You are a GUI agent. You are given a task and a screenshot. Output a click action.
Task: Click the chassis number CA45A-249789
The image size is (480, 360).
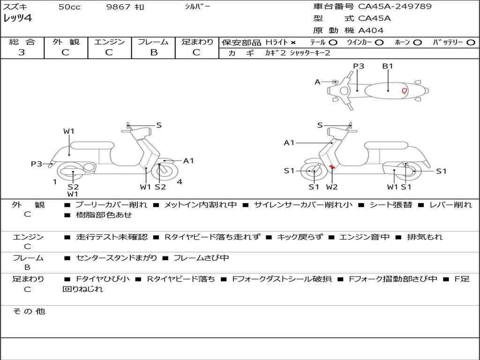[x=395, y=7]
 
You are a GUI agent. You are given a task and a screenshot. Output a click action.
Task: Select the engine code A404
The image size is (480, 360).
[x=371, y=30]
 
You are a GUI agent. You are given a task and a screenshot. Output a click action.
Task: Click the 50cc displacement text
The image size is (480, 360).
[x=69, y=7]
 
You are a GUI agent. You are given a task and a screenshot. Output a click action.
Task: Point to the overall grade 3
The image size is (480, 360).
[x=22, y=52]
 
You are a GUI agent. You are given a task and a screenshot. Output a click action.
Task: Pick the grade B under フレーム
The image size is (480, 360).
[x=153, y=52]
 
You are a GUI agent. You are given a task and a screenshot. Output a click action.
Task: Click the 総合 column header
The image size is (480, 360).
[x=22, y=42]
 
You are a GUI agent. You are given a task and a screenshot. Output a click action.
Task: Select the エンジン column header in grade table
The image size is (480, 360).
[x=109, y=42]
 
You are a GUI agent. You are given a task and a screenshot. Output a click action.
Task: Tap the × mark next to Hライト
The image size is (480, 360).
[x=293, y=43]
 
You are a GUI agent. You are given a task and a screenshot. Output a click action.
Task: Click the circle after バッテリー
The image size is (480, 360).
[x=471, y=43]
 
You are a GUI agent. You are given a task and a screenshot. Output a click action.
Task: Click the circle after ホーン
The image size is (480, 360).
[x=417, y=43]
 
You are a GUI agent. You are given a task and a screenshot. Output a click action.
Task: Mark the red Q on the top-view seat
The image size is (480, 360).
[x=404, y=91]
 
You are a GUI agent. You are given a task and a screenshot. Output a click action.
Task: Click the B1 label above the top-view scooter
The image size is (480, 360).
[x=388, y=66]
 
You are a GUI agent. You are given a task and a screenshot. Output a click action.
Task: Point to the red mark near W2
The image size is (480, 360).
[x=331, y=166]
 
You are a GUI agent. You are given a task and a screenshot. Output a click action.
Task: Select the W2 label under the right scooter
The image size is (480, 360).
[x=332, y=187]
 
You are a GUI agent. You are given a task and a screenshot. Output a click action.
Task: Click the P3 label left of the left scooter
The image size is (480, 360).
[x=37, y=164]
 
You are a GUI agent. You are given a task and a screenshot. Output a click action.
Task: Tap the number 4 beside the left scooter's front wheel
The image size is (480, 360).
[x=180, y=182]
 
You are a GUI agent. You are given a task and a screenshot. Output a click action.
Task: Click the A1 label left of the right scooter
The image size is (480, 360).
[x=289, y=142]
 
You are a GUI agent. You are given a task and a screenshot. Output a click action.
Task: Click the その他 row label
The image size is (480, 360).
[x=29, y=311]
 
